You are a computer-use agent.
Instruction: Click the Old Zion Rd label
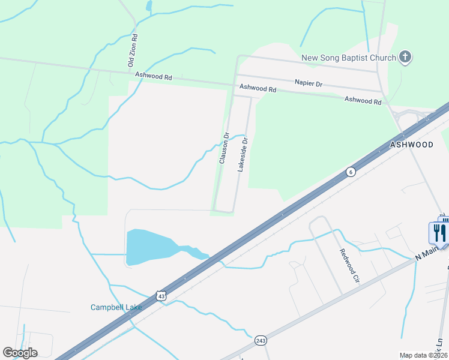pos(133,50)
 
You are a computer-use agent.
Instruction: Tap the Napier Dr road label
pos(309,84)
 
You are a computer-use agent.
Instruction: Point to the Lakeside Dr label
pos(243,154)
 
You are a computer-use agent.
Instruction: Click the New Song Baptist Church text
pos(348,58)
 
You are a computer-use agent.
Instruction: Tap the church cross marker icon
pos(405,57)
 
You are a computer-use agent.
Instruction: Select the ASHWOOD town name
pos(412,145)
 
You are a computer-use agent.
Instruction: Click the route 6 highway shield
pos(350,172)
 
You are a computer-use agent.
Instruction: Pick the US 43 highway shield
pos(160,296)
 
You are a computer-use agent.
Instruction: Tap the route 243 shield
pos(260,340)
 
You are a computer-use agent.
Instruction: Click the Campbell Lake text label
pos(116,307)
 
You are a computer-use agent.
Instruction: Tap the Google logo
pos(20,353)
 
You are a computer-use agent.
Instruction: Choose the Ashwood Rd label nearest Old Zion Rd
pos(154,77)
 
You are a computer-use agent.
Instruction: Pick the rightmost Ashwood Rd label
pos(363,101)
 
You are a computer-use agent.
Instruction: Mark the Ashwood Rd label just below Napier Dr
pos(258,88)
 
